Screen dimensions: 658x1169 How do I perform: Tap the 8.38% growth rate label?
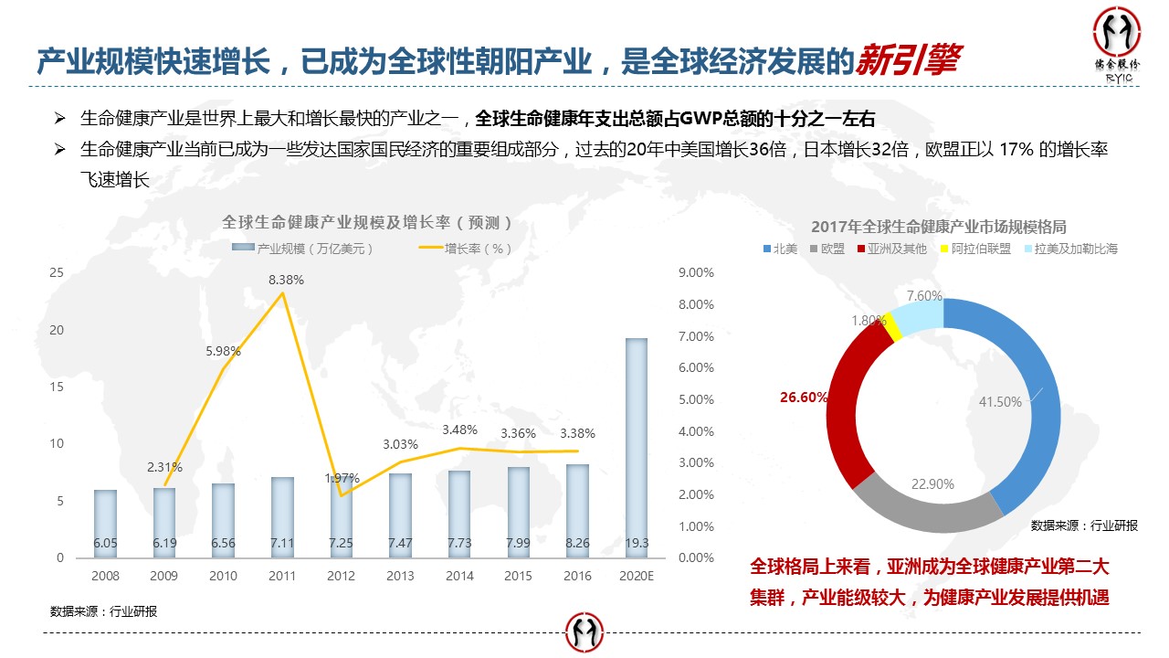pos(286,280)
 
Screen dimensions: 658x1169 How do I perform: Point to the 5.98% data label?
pos(223,350)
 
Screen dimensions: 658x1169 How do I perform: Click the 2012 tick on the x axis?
pos(341,576)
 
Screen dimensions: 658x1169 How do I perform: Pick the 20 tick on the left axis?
pos(57,330)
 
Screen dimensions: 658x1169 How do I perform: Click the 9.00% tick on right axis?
pos(697,272)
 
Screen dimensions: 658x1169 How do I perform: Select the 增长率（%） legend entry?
pos(466,249)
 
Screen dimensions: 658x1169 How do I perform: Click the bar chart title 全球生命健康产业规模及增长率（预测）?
pos(366,222)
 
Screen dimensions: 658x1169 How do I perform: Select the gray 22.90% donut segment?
pos(927,507)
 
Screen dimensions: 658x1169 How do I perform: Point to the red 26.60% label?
pos(804,398)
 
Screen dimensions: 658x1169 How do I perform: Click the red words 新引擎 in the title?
pos(908,59)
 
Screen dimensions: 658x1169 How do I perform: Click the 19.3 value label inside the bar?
pos(637,543)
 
